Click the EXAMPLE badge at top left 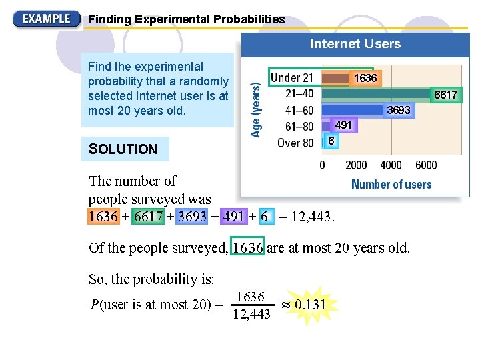pyautogui.click(x=46, y=19)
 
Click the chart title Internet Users pyautogui.click(x=355, y=44)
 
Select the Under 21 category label pyautogui.click(x=292, y=78)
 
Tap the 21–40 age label pyautogui.click(x=299, y=94)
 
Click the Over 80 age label pyautogui.click(x=295, y=142)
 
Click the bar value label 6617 pyautogui.click(x=445, y=95)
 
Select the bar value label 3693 pyautogui.click(x=399, y=110)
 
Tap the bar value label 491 pyautogui.click(x=343, y=125)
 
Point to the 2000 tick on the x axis pyautogui.click(x=357, y=165)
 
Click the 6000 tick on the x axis pyautogui.click(x=426, y=165)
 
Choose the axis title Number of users pyautogui.click(x=391, y=185)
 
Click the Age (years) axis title pyautogui.click(x=256, y=105)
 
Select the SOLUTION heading pyautogui.click(x=123, y=149)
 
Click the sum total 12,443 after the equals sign pyautogui.click(x=314, y=217)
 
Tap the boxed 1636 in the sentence pyautogui.click(x=247, y=248)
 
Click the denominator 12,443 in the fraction pyautogui.click(x=251, y=314)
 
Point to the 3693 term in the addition pyautogui.click(x=192, y=217)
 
